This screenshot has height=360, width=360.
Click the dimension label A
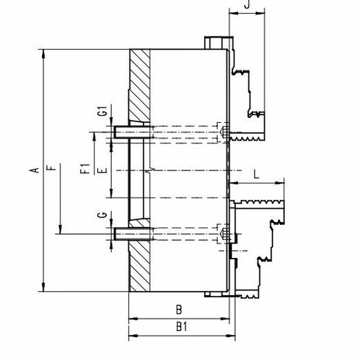pyautogui.click(x=34, y=170)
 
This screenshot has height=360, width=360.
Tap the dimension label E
pyautogui.click(x=103, y=170)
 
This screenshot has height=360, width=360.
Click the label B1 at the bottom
pyautogui.click(x=181, y=326)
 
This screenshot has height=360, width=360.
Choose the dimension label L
pyautogui.click(x=257, y=174)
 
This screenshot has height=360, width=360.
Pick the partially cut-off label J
pyautogui.click(x=247, y=4)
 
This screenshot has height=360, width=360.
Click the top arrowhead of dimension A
pyautogui.click(x=43, y=54)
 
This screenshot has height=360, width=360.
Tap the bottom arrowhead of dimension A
pyautogui.click(x=43, y=288)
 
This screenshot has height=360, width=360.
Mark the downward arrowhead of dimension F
pyautogui.click(x=60, y=230)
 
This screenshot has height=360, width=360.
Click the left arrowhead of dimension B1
pyautogui.click(x=133, y=336)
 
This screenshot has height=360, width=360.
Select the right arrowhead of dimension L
pyautogui.click(x=280, y=183)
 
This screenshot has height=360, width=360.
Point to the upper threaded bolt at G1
pyautogui.click(x=133, y=132)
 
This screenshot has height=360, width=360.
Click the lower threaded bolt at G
pyautogui.click(x=133, y=234)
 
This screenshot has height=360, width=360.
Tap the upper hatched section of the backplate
pyautogui.click(x=139, y=85)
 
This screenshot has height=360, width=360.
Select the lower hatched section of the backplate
pyautogui.click(x=139, y=255)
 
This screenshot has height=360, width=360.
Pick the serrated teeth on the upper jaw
pyautogui.click(x=247, y=139)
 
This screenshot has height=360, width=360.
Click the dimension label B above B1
pyautogui.click(x=179, y=310)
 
